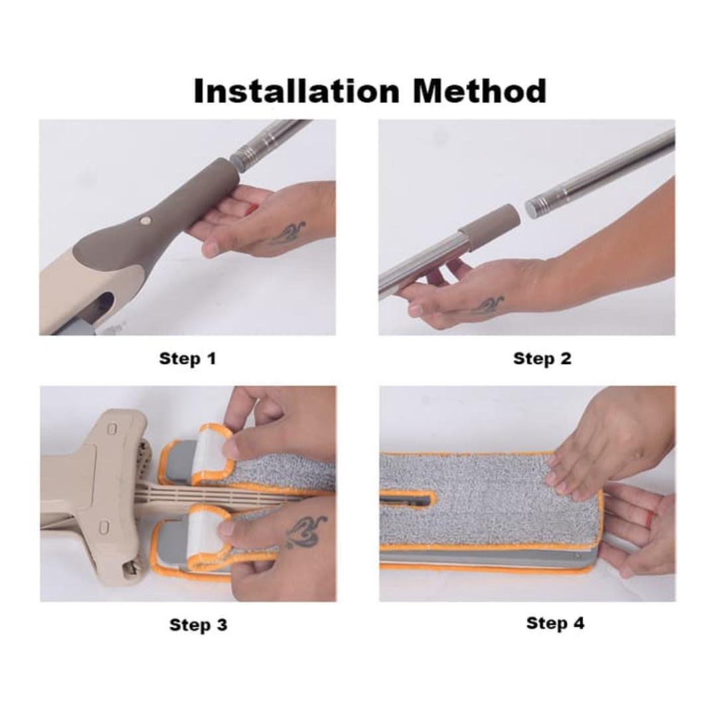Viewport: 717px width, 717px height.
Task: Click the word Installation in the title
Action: (x=297, y=91)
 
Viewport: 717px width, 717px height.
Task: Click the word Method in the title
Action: (x=480, y=91)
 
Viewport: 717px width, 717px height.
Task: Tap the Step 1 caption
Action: (x=187, y=358)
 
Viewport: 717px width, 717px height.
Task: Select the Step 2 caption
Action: (x=542, y=358)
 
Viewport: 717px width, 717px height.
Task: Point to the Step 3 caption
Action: (x=199, y=625)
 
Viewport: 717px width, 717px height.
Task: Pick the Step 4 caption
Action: (x=555, y=623)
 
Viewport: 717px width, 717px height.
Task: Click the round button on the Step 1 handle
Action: (x=146, y=221)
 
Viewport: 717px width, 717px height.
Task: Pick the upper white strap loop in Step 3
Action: (x=211, y=453)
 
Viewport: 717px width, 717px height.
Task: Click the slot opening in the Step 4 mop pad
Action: (x=405, y=499)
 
